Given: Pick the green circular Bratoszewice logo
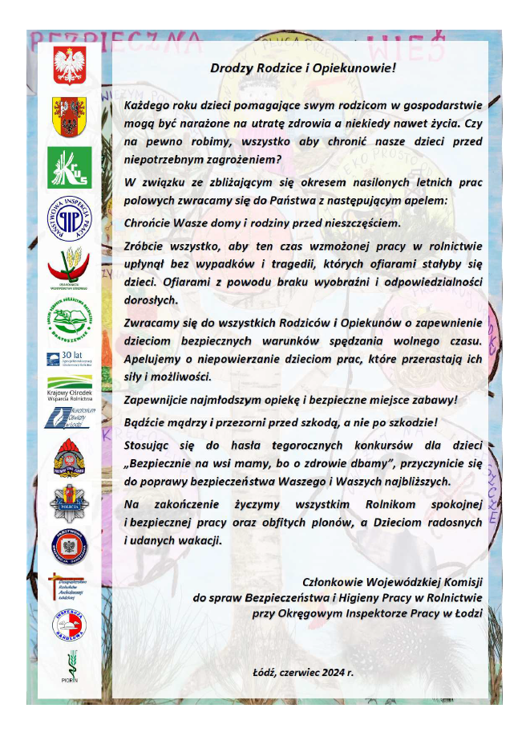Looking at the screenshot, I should click(69, 320).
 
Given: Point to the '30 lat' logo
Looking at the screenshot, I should click(69, 357).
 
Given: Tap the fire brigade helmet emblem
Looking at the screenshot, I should click(69, 458).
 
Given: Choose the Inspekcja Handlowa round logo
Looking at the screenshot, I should click(69, 624).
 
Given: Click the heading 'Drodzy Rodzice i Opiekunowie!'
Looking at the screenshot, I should click(303, 67).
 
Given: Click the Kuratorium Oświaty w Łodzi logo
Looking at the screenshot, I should click(69, 416).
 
